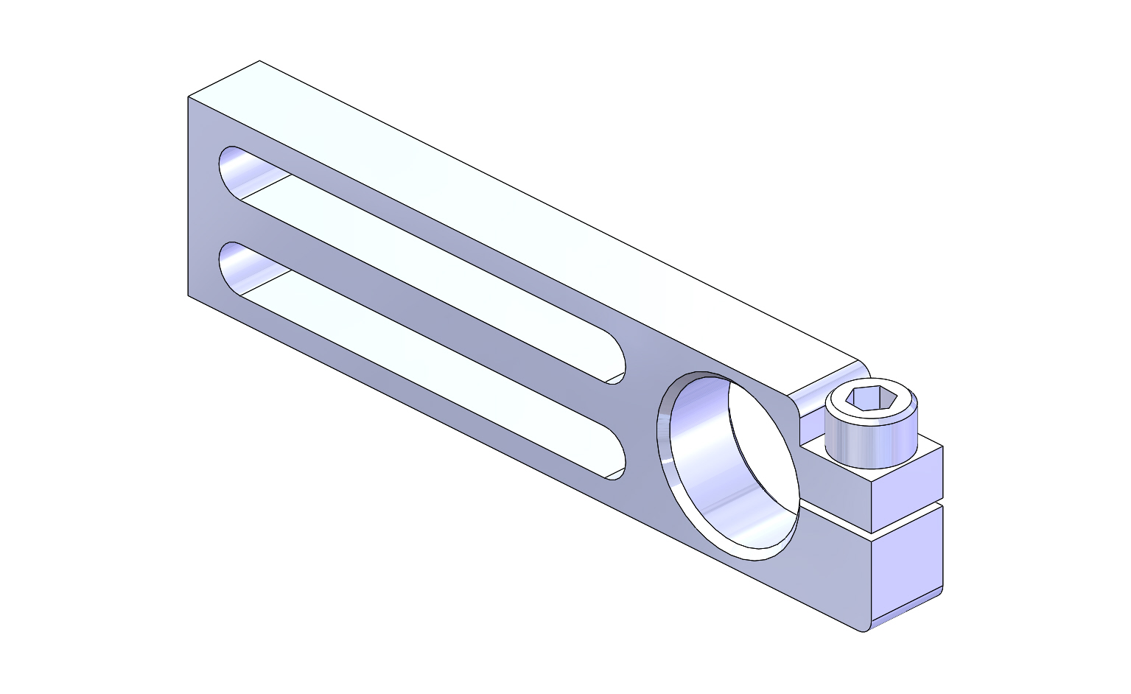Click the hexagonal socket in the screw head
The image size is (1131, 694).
[x=871, y=399]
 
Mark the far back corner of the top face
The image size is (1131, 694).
[x=259, y=61]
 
